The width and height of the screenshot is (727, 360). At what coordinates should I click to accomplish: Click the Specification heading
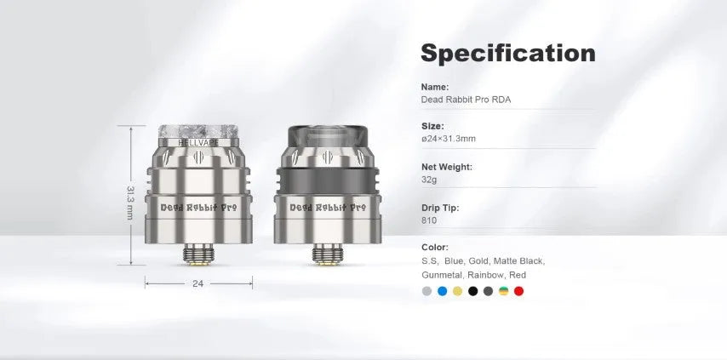(507, 54)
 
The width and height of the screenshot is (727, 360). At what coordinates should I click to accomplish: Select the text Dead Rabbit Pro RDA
(466, 100)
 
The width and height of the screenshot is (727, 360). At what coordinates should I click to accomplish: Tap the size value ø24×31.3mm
(449, 139)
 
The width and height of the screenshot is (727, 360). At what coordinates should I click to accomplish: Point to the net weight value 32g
(429, 180)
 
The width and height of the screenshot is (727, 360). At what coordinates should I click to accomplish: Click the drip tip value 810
(429, 220)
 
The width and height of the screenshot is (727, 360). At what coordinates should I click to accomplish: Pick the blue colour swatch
(443, 291)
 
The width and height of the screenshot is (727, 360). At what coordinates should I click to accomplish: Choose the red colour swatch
(518, 291)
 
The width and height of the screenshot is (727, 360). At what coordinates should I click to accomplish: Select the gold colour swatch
(458, 291)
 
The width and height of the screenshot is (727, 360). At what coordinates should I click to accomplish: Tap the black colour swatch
(473, 291)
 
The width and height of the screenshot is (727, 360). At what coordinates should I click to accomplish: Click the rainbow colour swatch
(503, 291)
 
